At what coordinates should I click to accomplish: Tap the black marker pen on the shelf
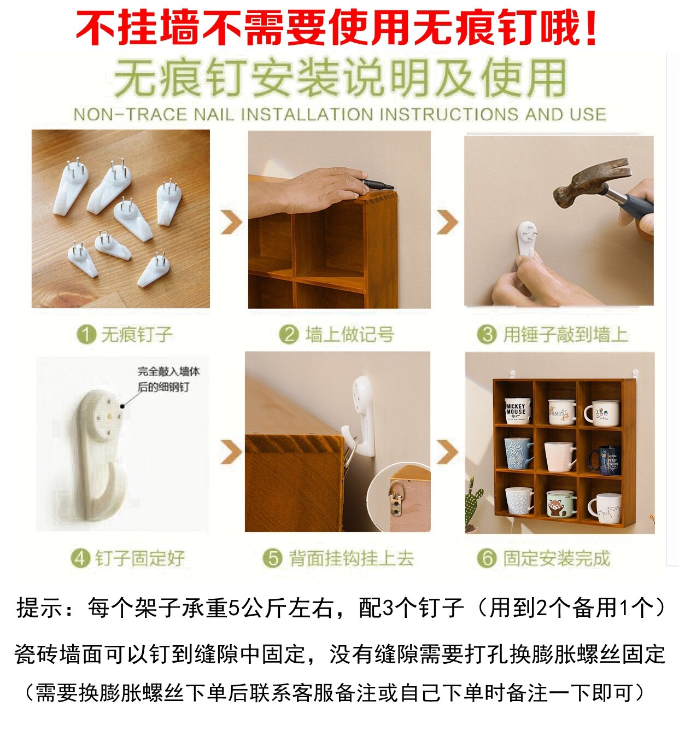377,184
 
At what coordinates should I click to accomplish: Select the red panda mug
560,504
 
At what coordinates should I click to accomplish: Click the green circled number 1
86,334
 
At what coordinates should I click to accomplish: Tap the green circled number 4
80,558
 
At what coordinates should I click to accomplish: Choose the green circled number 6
486,558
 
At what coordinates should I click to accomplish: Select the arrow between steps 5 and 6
448,452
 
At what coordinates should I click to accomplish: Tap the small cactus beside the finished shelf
473,500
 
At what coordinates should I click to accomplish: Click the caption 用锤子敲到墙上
565,334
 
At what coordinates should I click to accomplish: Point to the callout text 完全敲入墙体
168,371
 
